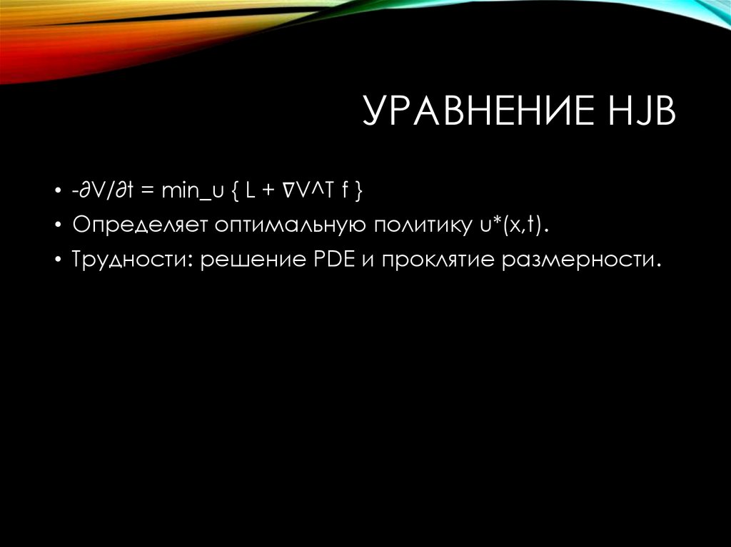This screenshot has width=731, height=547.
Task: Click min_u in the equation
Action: click(189, 192)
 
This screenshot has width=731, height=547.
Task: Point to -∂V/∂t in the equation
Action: click(104, 192)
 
